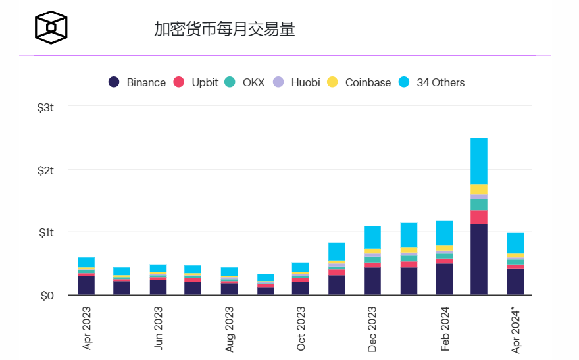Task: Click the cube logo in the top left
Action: [51, 28]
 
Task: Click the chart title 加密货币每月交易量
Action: [224, 30]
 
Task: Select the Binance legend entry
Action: [138, 82]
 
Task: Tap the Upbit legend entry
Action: [196, 82]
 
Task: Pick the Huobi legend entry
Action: [297, 82]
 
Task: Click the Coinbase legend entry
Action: [359, 82]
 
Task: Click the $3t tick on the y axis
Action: [45, 107]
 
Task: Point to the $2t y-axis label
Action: [45, 170]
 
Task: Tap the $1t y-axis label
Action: [45, 232]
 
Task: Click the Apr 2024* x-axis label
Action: [516, 330]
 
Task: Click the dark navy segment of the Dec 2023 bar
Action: [372, 281]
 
